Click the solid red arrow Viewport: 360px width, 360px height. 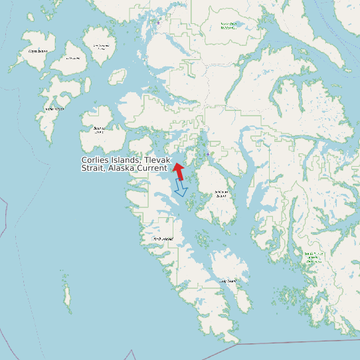click(x=179, y=170)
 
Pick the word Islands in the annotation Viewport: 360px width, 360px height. click(x=128, y=161)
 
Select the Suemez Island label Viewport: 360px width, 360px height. click(x=100, y=130)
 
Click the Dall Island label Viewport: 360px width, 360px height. click(x=163, y=239)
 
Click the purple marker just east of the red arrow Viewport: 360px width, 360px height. click(x=208, y=154)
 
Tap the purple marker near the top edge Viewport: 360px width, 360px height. click(x=159, y=23)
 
